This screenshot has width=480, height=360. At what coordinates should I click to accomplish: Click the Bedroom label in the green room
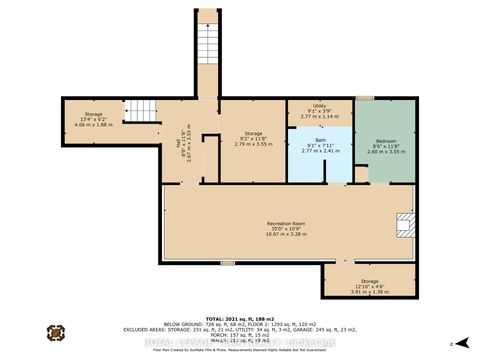tap(385, 141)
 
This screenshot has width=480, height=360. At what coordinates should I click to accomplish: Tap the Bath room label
tap(319, 140)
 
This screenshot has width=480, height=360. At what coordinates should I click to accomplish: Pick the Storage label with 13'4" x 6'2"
tap(94, 116)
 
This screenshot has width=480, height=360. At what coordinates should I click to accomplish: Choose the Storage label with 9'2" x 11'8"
tap(253, 133)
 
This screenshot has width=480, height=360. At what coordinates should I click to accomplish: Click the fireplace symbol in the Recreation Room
tap(403, 223)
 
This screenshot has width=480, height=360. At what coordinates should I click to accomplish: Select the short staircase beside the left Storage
tap(147, 111)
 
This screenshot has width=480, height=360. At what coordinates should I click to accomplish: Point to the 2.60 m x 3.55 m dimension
tap(385, 153)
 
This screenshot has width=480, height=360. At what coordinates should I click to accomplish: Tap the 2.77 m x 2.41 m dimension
tap(319, 152)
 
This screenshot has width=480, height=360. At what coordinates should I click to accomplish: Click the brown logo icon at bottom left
tap(56, 334)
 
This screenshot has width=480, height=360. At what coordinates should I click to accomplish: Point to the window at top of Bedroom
tap(365, 98)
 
